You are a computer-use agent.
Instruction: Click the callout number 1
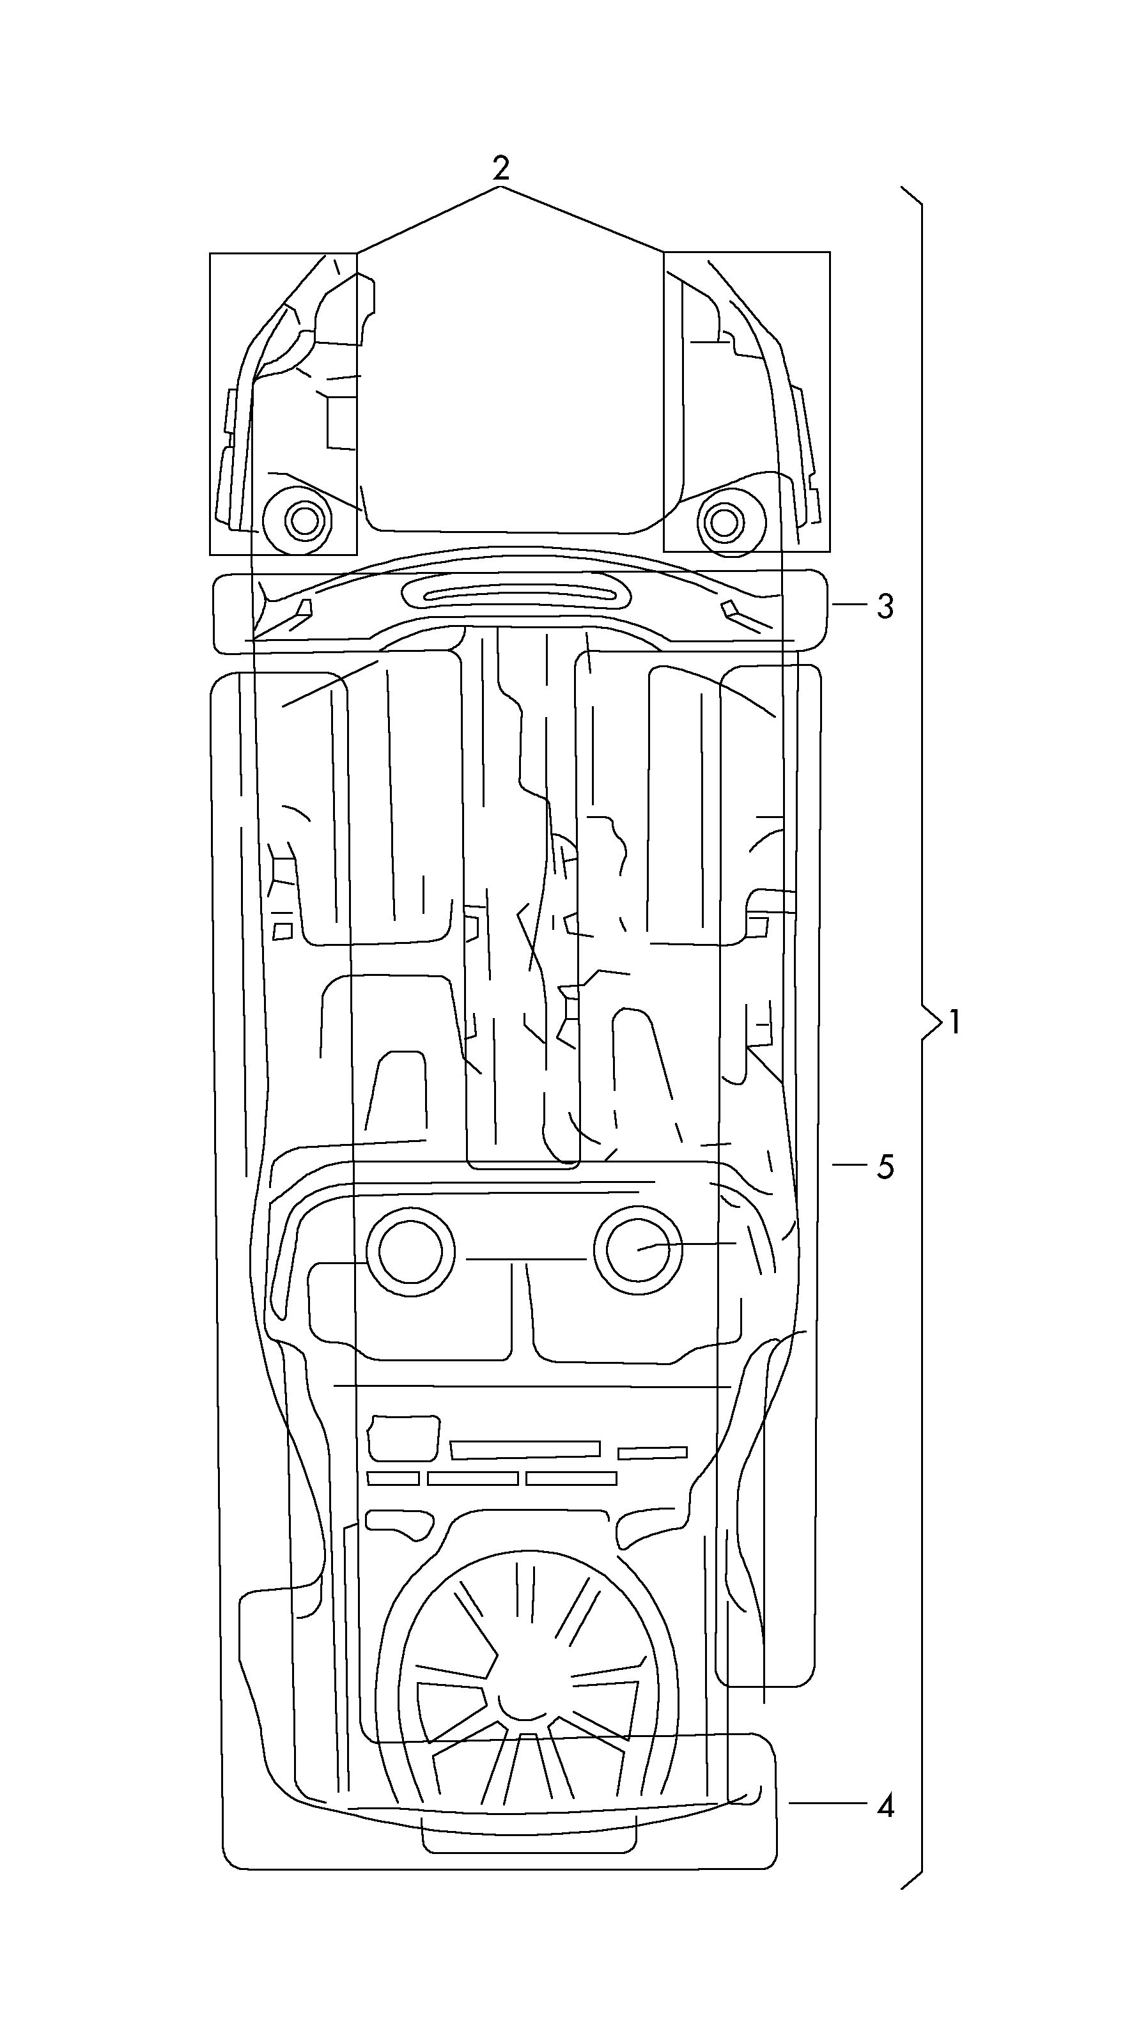(954, 1022)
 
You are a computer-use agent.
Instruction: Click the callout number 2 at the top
(500, 167)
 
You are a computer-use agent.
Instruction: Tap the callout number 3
(885, 606)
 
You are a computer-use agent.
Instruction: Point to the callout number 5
(885, 1167)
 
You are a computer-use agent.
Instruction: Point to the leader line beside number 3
(850, 604)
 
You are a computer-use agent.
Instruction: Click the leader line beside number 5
(850, 1164)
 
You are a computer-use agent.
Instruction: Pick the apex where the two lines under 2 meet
(500, 186)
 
